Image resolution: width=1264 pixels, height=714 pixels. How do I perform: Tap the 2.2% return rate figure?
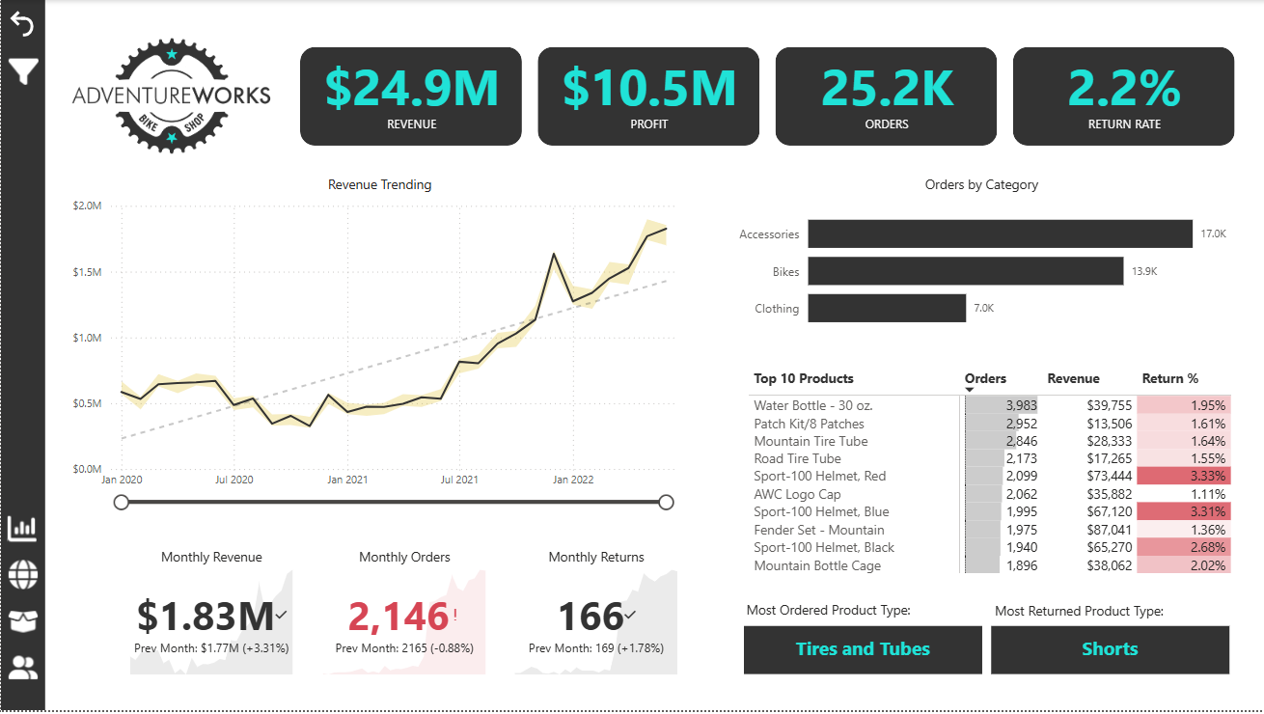coord(1124,88)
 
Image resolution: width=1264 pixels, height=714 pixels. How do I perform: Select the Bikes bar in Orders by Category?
coord(966,272)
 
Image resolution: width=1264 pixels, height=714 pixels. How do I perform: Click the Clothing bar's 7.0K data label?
coord(983,309)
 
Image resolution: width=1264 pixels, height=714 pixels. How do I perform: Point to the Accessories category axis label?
coord(769,234)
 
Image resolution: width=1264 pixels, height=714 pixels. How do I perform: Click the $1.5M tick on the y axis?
coord(88,272)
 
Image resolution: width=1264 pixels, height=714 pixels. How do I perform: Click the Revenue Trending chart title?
coord(380,184)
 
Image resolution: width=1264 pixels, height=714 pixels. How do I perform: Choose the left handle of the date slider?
coord(122,502)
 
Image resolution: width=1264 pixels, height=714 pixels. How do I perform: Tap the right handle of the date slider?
coord(666,502)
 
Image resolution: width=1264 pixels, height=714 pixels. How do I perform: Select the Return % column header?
coord(1169,379)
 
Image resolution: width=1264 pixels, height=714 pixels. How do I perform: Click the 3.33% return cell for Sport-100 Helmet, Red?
coord(1183,477)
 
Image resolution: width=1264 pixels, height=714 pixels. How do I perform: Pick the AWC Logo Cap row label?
coord(797,494)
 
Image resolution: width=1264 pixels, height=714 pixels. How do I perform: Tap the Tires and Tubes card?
coord(863,649)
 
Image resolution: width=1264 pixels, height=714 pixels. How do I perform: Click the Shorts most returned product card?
coord(1110,649)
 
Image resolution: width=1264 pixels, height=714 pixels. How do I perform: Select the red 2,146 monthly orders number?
coord(398,617)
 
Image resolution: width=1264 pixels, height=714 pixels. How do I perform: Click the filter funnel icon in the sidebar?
coord(22,70)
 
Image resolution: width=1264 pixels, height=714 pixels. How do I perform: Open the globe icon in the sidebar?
coord(22,575)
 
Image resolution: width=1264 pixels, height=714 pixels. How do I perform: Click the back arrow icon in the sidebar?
coord(22,25)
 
